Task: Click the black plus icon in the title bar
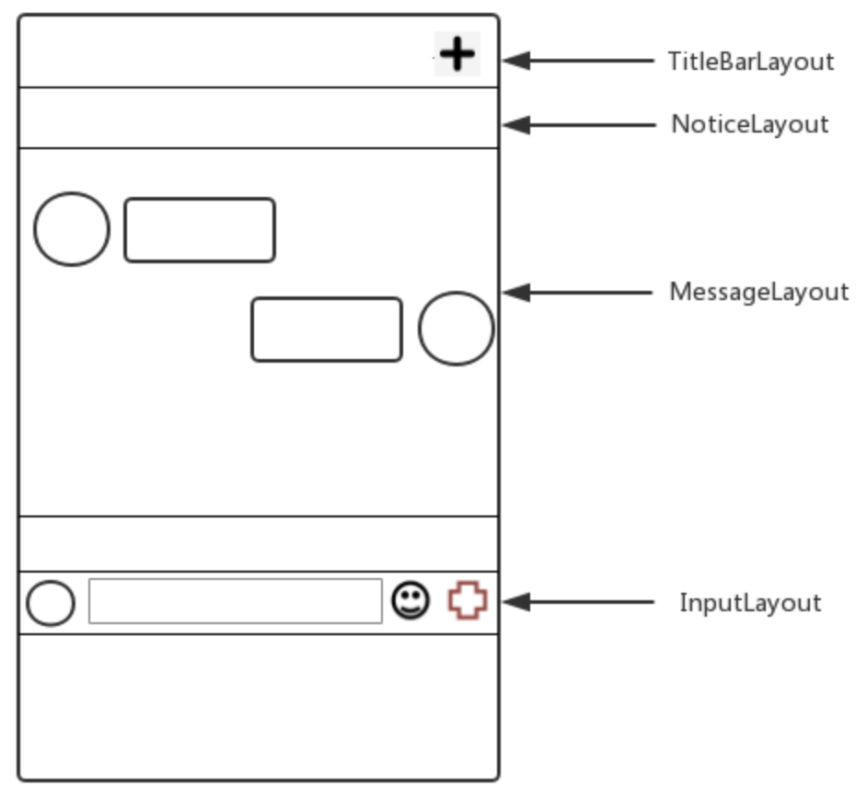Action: pyautogui.click(x=457, y=54)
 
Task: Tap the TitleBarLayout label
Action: pyautogui.click(x=750, y=62)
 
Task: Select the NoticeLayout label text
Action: pyautogui.click(x=749, y=124)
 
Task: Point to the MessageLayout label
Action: pyautogui.click(x=758, y=293)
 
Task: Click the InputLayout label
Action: pyautogui.click(x=749, y=603)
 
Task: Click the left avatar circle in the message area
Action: pyautogui.click(x=72, y=229)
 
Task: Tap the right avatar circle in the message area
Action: pyautogui.click(x=456, y=329)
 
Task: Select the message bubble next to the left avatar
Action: pyautogui.click(x=200, y=230)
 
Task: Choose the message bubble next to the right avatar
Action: pyautogui.click(x=327, y=330)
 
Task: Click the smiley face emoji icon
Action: pyautogui.click(x=410, y=602)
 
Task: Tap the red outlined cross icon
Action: pyautogui.click(x=468, y=602)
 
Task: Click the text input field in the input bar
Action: pyautogui.click(x=235, y=601)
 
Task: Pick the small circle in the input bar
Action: pyautogui.click(x=51, y=603)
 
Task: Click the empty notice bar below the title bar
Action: pyautogui.click(x=258, y=118)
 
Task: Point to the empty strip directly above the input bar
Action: pyautogui.click(x=258, y=544)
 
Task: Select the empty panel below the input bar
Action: pyautogui.click(x=258, y=704)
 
